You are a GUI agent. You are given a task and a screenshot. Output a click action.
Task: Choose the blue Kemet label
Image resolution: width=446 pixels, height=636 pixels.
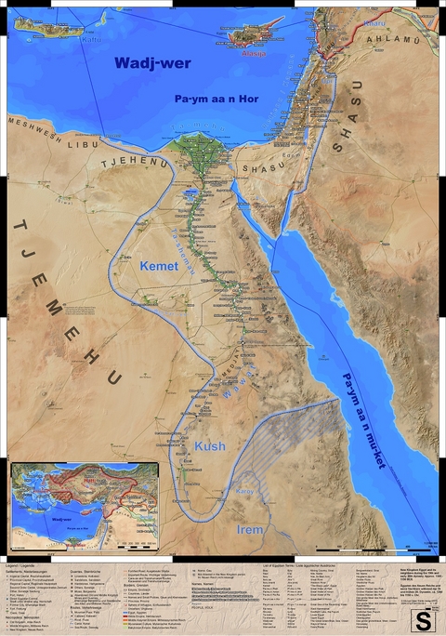158,266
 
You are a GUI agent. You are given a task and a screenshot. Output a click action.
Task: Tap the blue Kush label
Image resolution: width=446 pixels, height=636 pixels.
210,447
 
